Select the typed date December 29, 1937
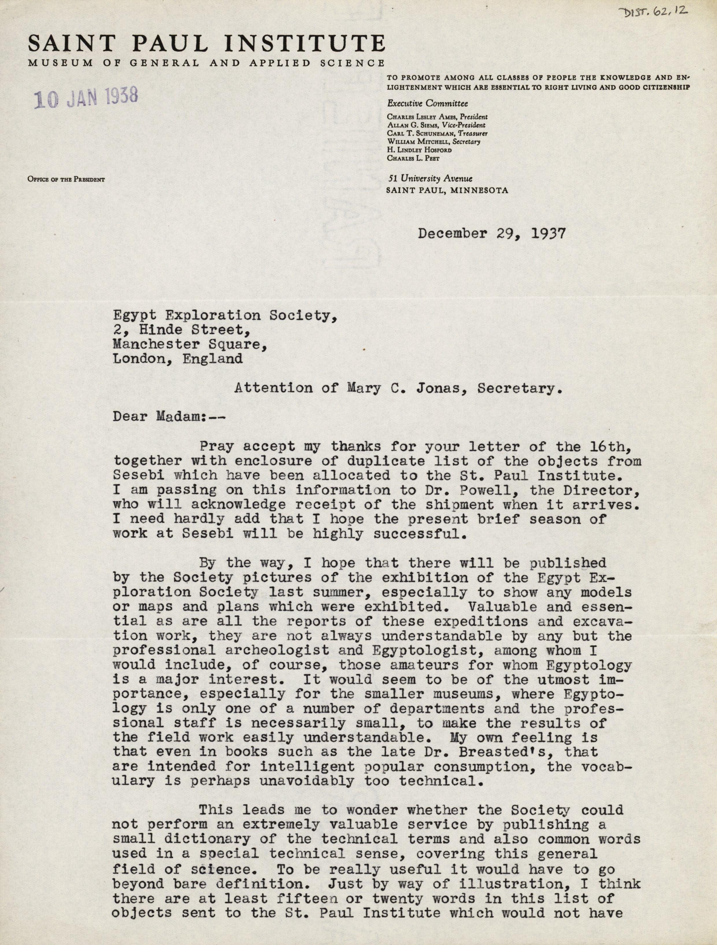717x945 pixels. [492, 234]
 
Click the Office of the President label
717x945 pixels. [66, 179]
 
